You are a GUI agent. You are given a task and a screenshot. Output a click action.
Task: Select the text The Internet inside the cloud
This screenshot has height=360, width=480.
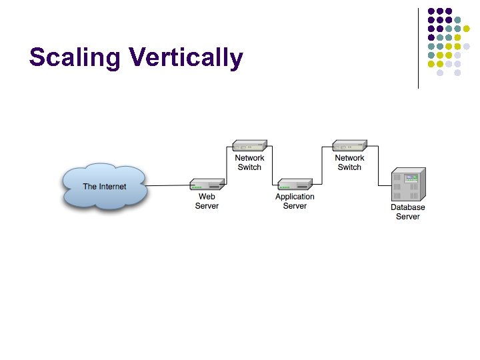[104, 187]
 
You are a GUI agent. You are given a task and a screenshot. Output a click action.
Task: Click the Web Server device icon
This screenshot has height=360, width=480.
[207, 185]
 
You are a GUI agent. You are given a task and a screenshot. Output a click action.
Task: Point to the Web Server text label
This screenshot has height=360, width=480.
[207, 201]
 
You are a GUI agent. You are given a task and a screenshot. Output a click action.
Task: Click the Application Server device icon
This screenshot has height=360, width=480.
[295, 185]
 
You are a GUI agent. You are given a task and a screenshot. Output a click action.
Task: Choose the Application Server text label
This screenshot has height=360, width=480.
[295, 201]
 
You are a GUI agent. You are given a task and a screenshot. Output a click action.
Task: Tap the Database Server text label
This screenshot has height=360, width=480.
[407, 212]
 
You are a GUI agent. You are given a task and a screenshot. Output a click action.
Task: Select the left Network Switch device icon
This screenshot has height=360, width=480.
[249, 145]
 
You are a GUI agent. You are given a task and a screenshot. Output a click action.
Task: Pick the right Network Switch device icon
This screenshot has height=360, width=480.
[349, 145]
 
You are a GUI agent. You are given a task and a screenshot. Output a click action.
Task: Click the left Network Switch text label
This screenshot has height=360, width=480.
[249, 163]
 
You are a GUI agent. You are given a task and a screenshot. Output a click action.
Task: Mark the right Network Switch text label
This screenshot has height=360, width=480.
[349, 163]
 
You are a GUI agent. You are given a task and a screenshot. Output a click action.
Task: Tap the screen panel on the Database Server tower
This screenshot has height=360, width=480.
[411, 178]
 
